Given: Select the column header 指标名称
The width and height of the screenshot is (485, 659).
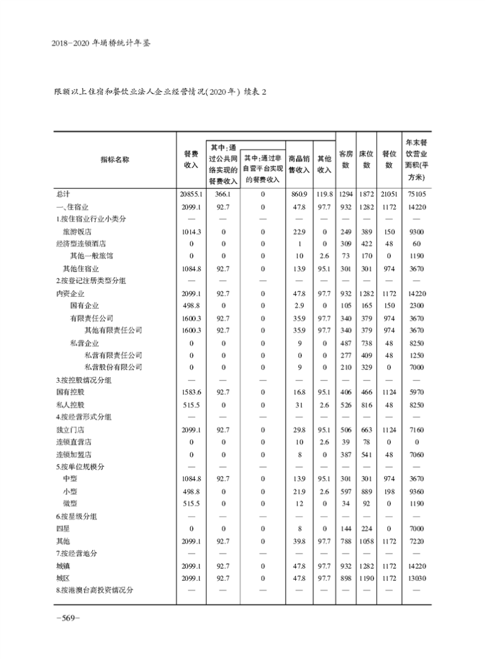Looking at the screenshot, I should [x=115, y=160].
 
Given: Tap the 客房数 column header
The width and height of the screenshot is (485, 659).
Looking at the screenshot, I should [x=346, y=160].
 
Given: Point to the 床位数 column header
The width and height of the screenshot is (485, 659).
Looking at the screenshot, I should [x=366, y=160].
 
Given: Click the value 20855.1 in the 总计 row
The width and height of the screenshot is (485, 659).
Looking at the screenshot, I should [x=190, y=194].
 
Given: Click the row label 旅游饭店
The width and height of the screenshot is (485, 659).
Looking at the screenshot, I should [x=77, y=231].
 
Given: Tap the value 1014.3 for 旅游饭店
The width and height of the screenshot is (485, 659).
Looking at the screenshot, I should [x=190, y=231].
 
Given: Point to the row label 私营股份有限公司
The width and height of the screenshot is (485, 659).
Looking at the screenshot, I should [x=113, y=367].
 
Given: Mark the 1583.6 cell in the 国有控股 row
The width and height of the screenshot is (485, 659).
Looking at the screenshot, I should [x=190, y=392].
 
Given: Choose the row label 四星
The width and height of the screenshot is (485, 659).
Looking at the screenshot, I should [x=62, y=528].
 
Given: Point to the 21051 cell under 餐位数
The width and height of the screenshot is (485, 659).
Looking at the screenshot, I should [x=388, y=194].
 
